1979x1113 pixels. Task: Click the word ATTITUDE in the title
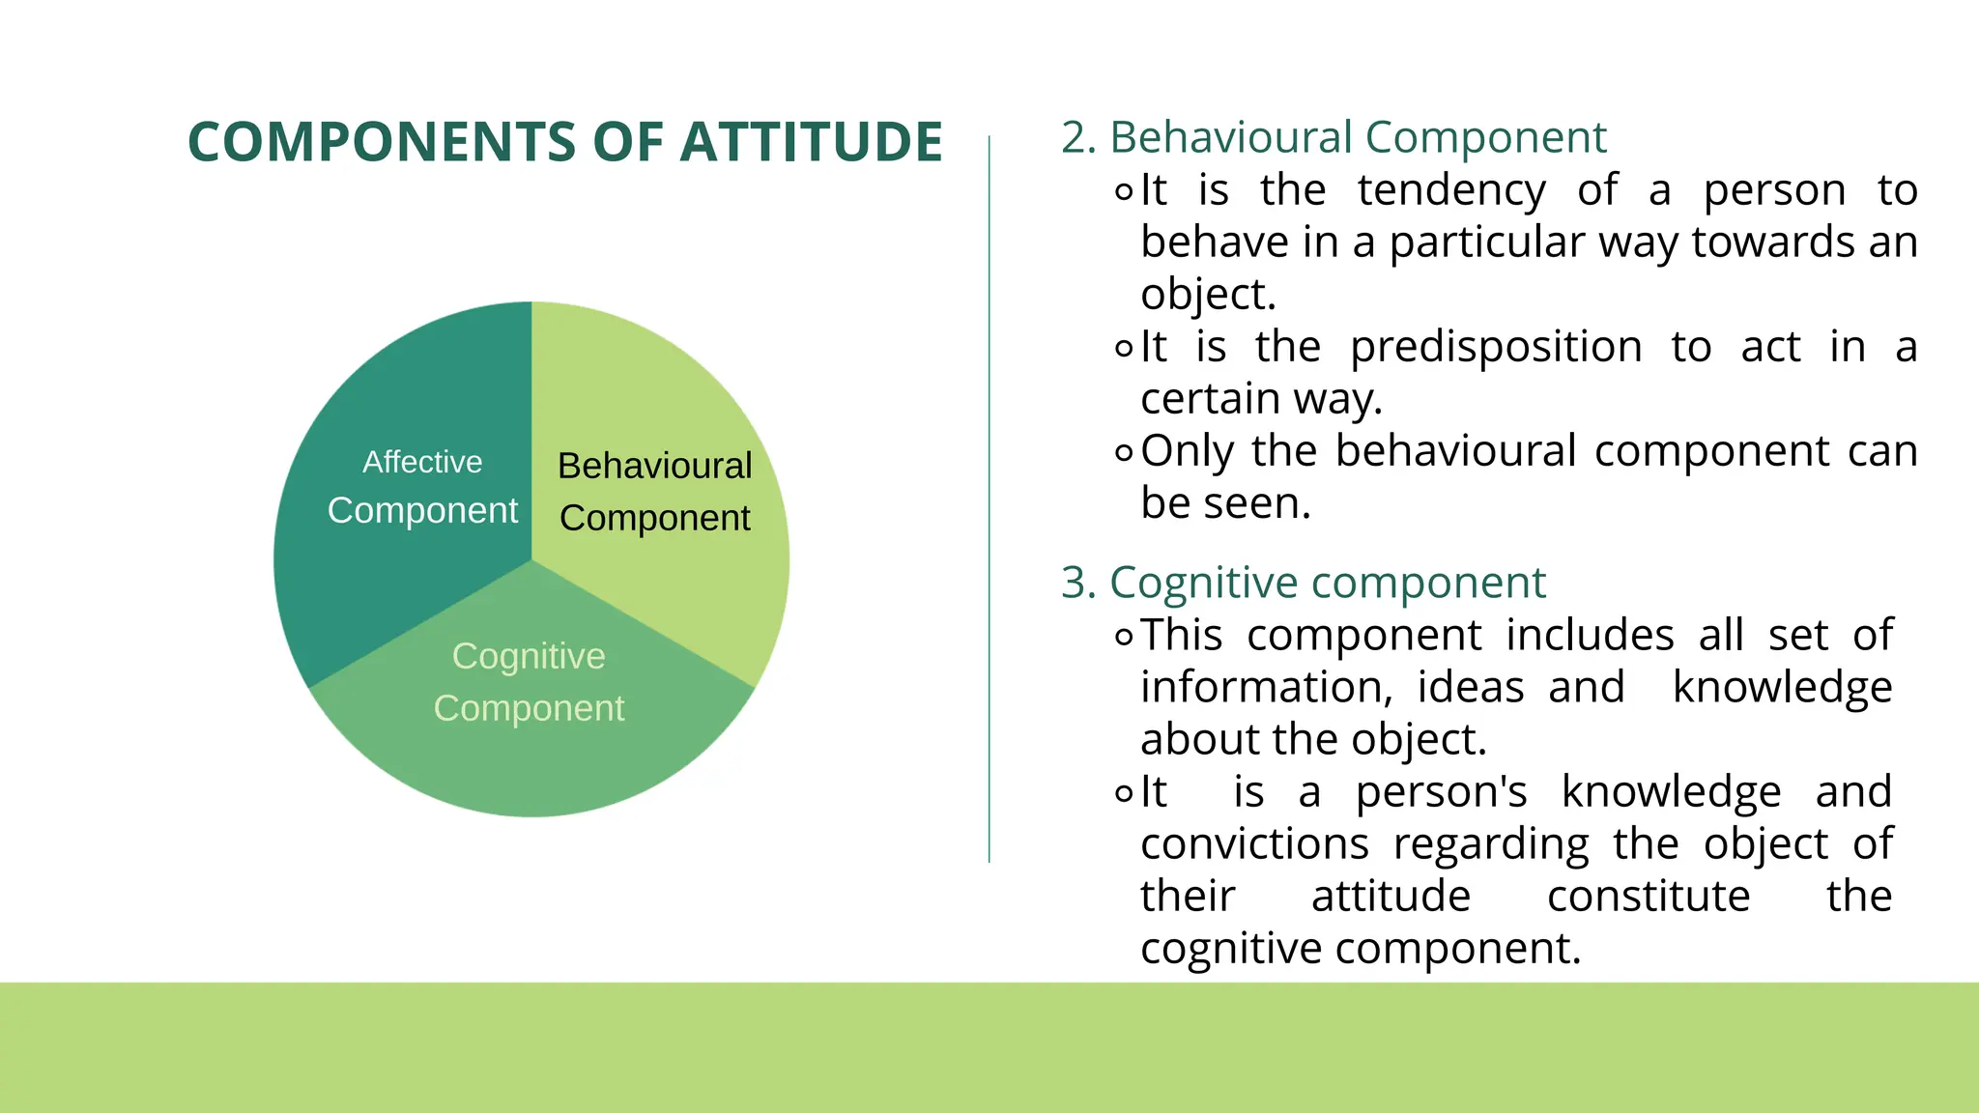click(x=811, y=142)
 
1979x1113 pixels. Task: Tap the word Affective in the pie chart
click(x=422, y=462)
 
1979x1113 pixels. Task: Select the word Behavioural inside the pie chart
click(x=654, y=466)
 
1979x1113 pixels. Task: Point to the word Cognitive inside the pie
click(x=529, y=656)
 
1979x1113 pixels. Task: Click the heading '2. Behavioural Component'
click(x=1334, y=137)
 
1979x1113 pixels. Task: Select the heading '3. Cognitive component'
click(x=1303, y=583)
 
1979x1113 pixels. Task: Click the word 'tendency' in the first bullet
click(x=1451, y=190)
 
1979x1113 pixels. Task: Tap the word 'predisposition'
click(x=1496, y=347)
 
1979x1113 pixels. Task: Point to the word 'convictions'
click(x=1254, y=844)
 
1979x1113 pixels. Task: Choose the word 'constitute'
click(x=1649, y=897)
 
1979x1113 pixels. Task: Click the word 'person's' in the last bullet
click(x=1441, y=792)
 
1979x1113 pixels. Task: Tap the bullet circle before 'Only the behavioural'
click(x=1123, y=451)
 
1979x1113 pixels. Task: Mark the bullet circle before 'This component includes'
click(x=1123, y=637)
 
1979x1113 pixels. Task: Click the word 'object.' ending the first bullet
click(x=1208, y=295)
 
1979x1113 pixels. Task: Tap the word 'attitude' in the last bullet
click(x=1391, y=897)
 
